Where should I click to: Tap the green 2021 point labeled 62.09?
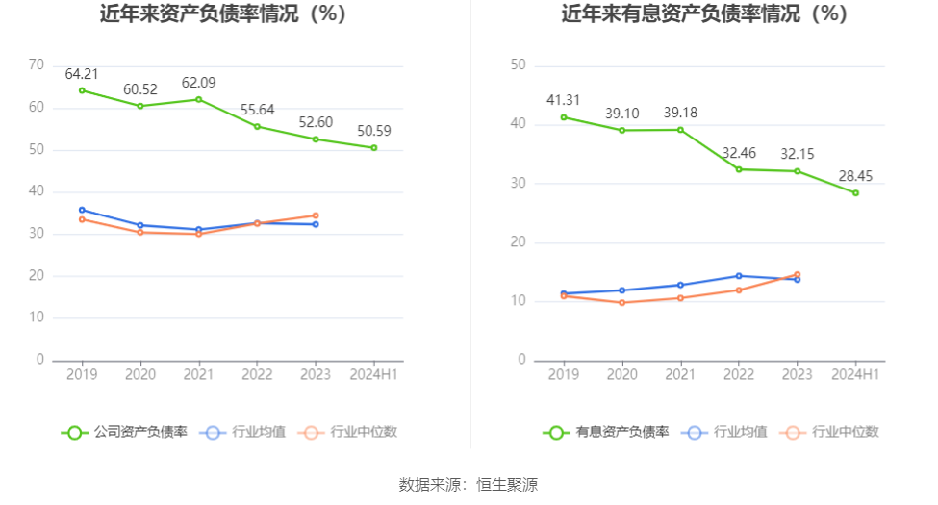coord(199,99)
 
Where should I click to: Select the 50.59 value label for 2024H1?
coord(374,131)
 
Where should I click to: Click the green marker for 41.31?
coord(564,117)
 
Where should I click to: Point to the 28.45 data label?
coord(855,176)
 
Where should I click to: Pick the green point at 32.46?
coord(739,169)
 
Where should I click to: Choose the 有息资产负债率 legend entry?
coord(607,432)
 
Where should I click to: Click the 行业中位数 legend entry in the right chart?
coord(832,432)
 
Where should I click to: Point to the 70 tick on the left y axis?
coord(38,64)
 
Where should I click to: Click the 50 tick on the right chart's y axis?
coord(519,64)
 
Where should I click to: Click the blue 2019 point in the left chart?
coord(82,210)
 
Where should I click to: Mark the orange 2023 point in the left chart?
coord(316,215)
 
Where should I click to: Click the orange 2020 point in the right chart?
coord(622,303)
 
